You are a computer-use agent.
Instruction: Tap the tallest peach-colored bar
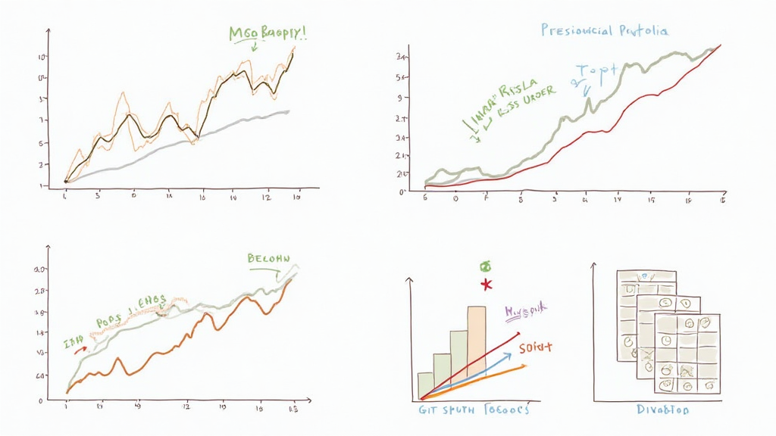(477, 341)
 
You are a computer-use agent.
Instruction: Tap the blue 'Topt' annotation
(599, 70)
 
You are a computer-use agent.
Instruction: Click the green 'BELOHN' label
(268, 258)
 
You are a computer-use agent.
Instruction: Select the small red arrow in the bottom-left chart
(80, 349)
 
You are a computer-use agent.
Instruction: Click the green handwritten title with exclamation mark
(272, 33)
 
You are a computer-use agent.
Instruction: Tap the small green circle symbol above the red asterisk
(486, 266)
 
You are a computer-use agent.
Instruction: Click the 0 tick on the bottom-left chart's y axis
(42, 400)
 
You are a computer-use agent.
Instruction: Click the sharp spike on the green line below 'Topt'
(589, 99)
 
